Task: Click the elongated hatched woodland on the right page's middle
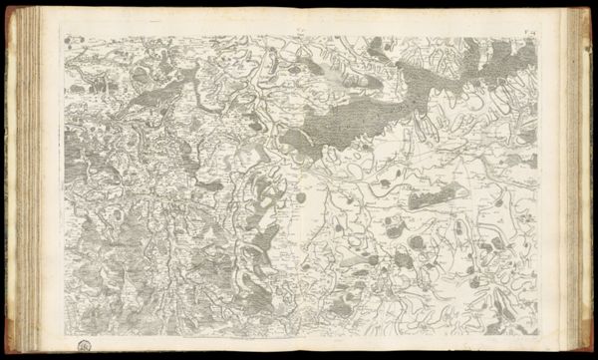[x=439, y=194]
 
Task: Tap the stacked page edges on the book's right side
[x=576, y=180]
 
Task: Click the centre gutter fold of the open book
[x=300, y=180]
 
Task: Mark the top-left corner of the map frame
[x=60, y=37]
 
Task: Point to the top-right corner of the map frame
[x=539, y=37]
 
